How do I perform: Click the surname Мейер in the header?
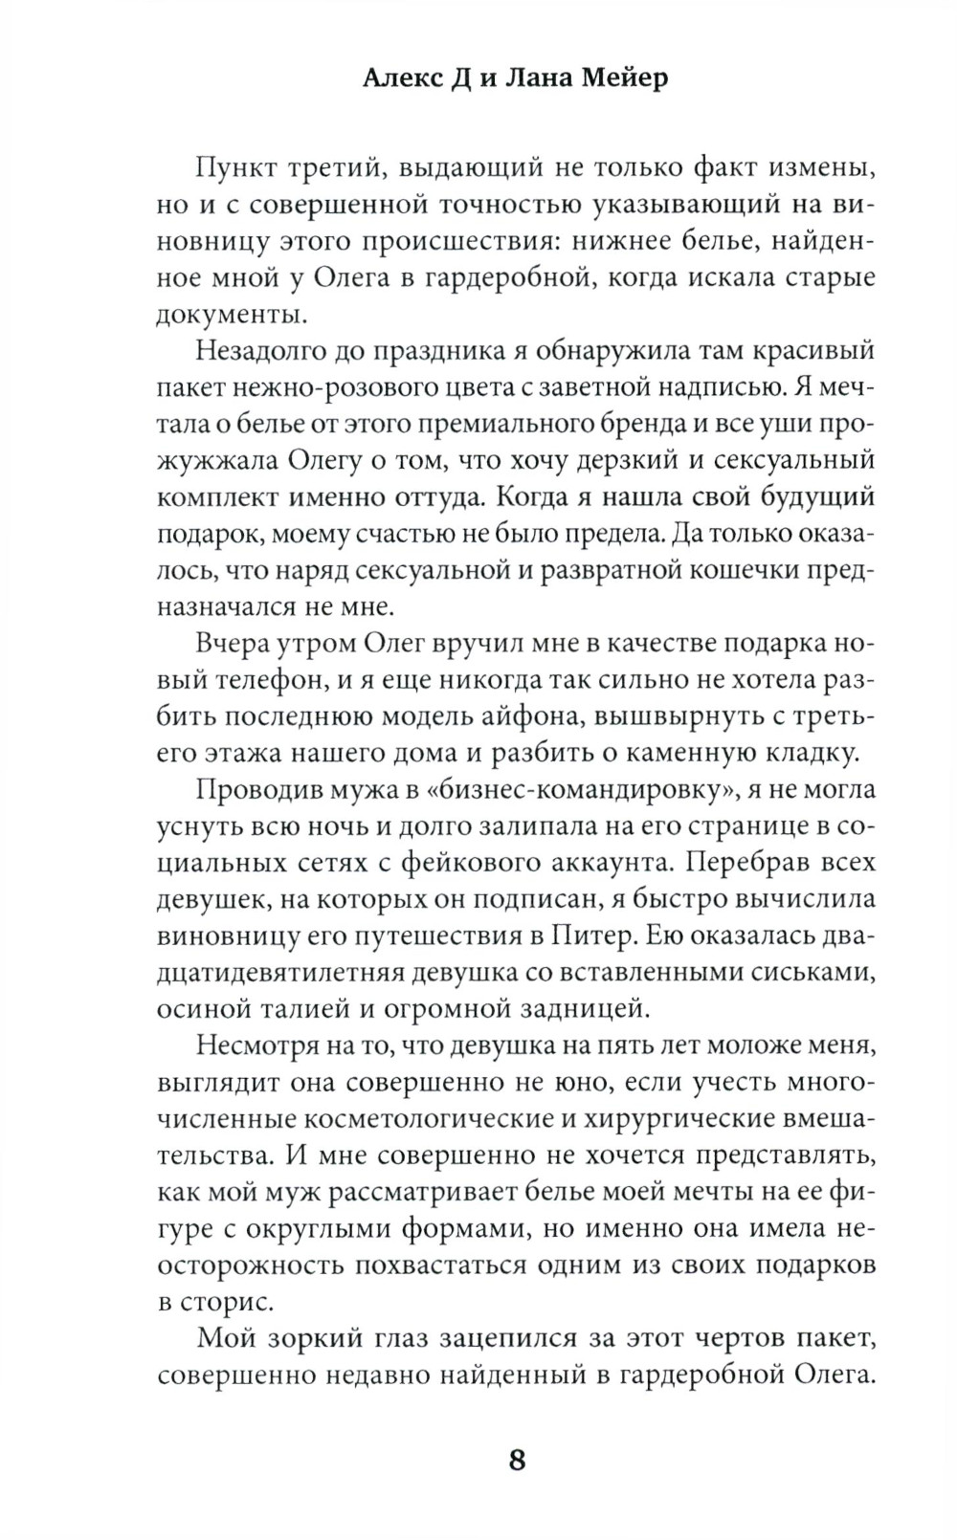624,78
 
